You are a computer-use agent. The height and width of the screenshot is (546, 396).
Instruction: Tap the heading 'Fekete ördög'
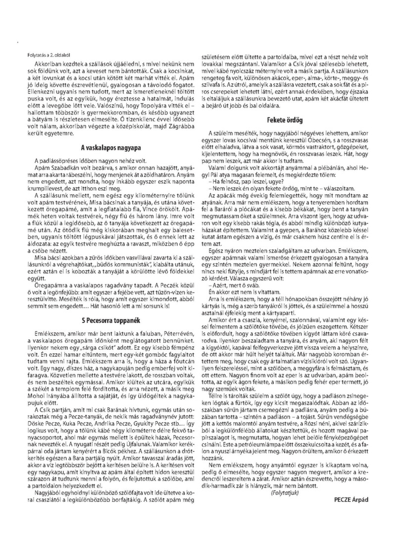click(x=285, y=119)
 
